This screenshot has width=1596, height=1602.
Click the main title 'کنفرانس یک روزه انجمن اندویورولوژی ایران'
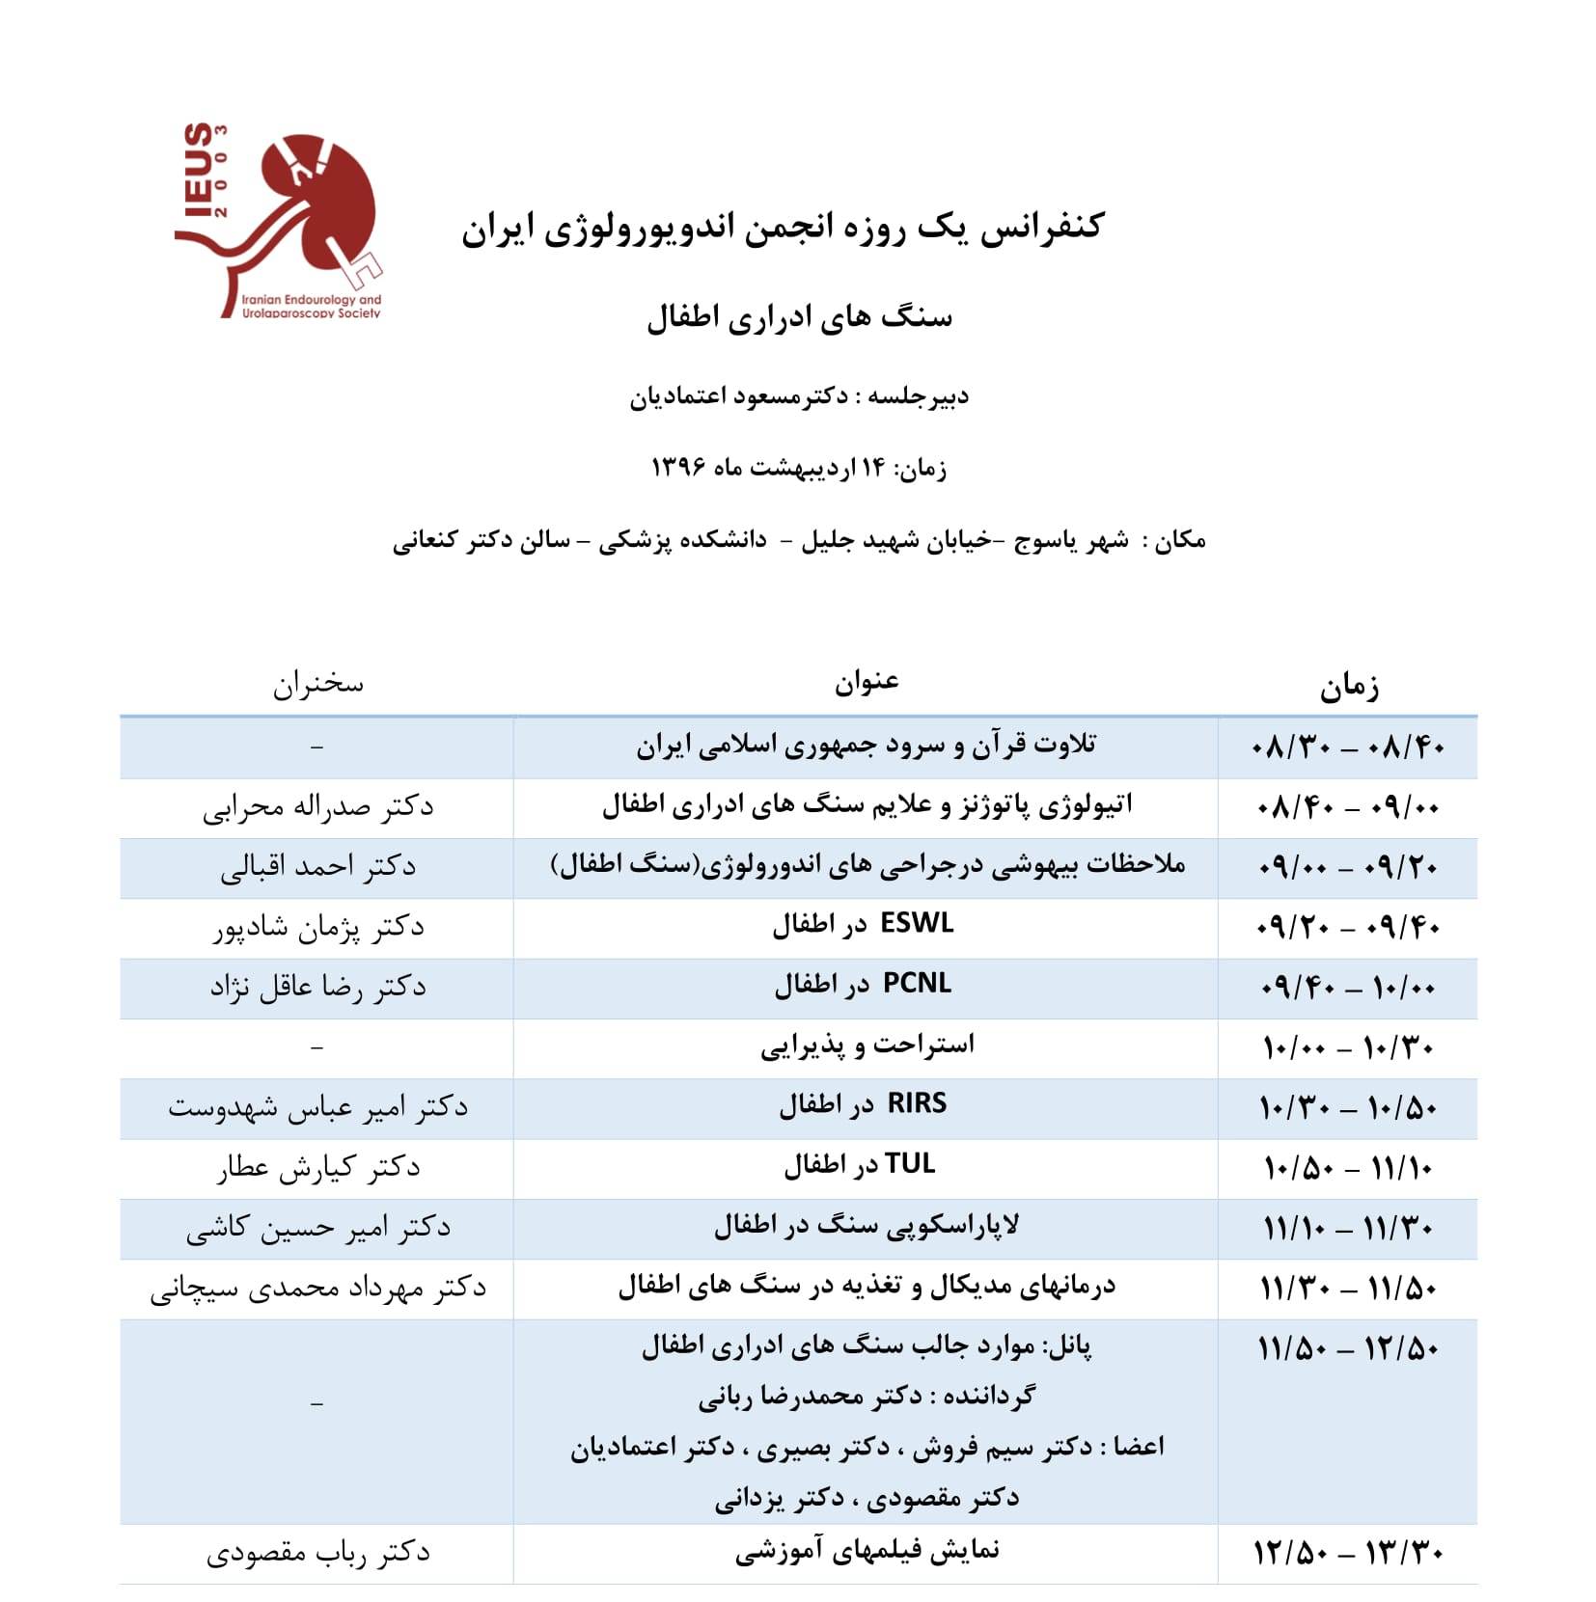(x=782, y=229)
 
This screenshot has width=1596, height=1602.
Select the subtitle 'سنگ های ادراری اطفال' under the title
(x=799, y=317)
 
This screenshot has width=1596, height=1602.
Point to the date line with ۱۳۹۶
(x=799, y=468)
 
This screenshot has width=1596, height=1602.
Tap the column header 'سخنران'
(x=317, y=684)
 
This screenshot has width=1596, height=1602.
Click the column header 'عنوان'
(x=867, y=682)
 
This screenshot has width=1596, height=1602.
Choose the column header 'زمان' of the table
(x=1349, y=686)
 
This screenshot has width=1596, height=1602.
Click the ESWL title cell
(x=864, y=925)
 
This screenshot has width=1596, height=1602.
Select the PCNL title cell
(x=864, y=985)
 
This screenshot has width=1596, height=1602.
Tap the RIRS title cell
(x=864, y=1104)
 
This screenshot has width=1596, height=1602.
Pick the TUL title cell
(x=860, y=1165)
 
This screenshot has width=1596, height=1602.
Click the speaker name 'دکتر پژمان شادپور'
(x=318, y=928)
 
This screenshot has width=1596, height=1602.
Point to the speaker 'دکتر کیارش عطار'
(x=318, y=1168)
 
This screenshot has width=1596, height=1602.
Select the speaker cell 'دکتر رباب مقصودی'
(x=318, y=1553)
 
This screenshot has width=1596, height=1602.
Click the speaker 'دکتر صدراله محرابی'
(x=318, y=807)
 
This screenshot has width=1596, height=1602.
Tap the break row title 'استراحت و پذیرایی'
(x=867, y=1045)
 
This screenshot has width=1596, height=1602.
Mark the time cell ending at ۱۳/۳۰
(x=1348, y=1553)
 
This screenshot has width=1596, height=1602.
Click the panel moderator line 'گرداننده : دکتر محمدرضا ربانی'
(x=867, y=1396)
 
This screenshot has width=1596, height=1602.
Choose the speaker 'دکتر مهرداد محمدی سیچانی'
(x=318, y=1289)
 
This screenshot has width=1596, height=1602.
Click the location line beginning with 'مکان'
(x=799, y=541)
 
